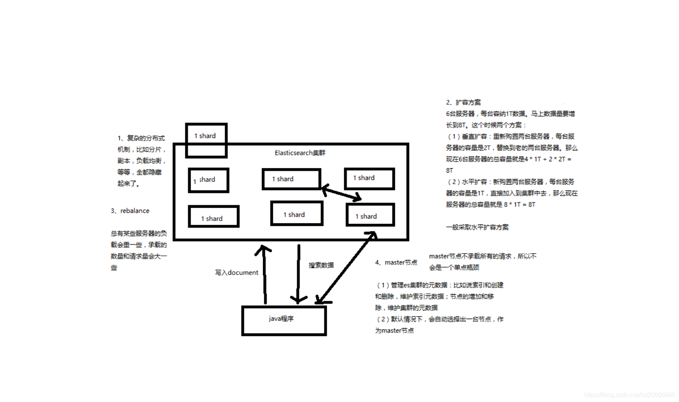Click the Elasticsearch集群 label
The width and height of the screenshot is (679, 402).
click(x=300, y=153)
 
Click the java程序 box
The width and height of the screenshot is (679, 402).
click(x=284, y=321)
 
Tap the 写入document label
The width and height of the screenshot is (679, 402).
click(x=236, y=273)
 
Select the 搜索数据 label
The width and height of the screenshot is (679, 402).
click(x=321, y=265)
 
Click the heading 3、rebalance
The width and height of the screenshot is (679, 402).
click(x=130, y=211)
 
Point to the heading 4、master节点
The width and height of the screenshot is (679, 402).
click(x=396, y=262)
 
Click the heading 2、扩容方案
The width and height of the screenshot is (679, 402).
click(x=463, y=102)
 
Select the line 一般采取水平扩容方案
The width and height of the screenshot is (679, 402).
click(x=477, y=227)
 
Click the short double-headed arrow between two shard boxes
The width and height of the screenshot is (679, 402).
click(x=341, y=192)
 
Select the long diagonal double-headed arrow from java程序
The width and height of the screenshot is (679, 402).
click(x=346, y=267)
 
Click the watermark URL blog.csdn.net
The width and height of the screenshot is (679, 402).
click(x=629, y=395)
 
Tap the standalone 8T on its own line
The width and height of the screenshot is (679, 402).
click(x=450, y=171)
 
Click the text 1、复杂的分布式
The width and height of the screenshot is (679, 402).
click(x=141, y=138)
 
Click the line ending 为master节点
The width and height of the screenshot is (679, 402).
click(x=394, y=331)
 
